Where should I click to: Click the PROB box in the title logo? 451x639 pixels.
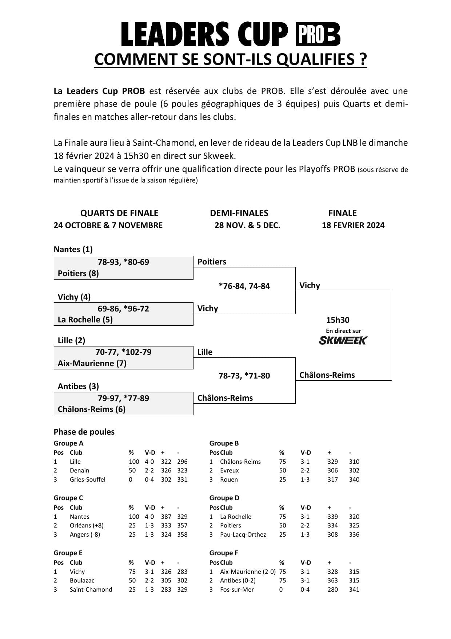317,34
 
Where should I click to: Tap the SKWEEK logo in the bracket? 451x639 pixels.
343,340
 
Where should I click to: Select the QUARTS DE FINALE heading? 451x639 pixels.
119,213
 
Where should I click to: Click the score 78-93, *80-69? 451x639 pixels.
123,262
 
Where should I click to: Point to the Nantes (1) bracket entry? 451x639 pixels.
73,249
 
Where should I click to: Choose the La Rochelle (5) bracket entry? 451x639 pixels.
85,319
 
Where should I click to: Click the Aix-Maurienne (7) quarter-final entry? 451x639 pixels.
92,363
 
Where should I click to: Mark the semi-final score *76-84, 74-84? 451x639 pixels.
244,286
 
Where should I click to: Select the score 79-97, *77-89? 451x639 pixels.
123,398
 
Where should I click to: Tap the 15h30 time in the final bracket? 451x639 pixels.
338,320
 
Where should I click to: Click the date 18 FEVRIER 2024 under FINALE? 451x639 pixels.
353,225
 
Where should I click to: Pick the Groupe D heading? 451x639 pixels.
224,498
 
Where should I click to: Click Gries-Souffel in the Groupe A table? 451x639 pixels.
88,479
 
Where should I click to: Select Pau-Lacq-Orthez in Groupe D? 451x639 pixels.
243,534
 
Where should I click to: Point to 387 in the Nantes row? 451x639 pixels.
166,517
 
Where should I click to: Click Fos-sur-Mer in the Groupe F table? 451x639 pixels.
237,589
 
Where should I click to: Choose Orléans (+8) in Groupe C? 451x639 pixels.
87,525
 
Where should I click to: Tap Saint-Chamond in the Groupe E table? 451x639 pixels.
91,589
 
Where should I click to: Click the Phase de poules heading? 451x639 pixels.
84,432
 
